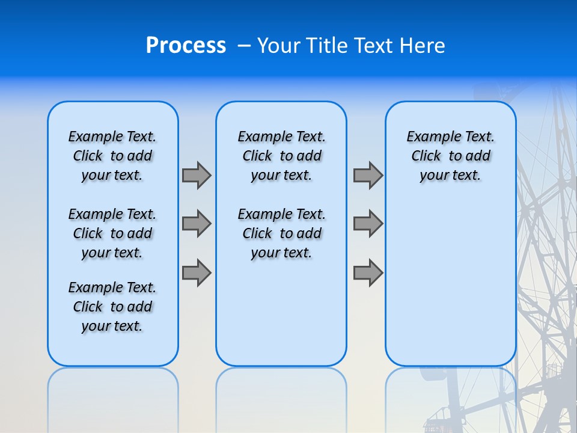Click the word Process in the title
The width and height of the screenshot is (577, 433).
(x=186, y=46)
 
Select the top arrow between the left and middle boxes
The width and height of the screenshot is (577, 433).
(x=197, y=175)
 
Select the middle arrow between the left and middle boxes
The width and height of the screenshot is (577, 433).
(x=197, y=224)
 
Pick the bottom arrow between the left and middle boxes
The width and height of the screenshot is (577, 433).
(x=197, y=272)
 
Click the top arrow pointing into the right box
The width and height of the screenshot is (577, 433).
(x=368, y=175)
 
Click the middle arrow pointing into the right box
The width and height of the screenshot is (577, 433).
(x=368, y=224)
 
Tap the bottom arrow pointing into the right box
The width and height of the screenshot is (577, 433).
(x=368, y=272)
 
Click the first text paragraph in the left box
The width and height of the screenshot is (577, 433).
(x=112, y=156)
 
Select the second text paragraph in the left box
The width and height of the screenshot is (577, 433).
(x=112, y=233)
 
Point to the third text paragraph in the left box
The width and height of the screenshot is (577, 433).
(x=112, y=307)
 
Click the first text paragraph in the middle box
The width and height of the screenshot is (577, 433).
(x=281, y=156)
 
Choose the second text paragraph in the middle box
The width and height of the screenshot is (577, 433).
(x=281, y=233)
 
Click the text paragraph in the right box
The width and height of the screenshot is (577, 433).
(x=450, y=156)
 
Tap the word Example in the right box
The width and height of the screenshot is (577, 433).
(x=428, y=137)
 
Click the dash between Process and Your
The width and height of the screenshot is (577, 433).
(x=244, y=46)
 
